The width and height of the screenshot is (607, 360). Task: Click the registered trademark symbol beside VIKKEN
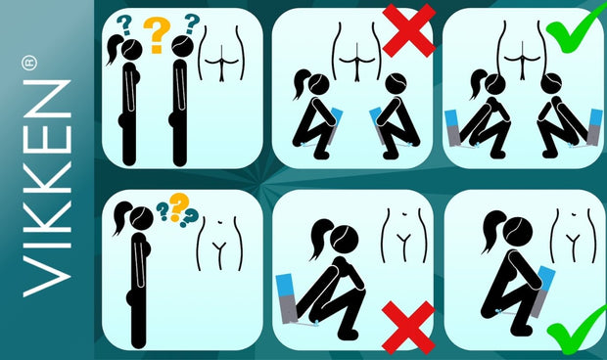(29, 63)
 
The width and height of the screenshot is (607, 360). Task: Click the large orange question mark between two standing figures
(157, 35)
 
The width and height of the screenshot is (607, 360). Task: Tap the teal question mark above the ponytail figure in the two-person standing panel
(124, 25)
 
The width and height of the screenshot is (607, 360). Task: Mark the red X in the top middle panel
(409, 31)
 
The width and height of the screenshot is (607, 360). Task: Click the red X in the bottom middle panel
(408, 328)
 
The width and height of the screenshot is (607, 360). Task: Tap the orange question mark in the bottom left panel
(179, 206)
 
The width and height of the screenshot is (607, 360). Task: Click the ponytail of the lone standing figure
(121, 216)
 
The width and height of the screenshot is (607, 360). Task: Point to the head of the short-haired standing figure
(183, 47)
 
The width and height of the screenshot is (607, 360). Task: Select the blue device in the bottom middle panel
(286, 298)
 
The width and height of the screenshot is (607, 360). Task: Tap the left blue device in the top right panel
(453, 128)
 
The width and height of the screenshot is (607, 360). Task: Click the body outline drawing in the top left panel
(221, 54)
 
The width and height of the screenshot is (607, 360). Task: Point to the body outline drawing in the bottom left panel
(220, 244)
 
